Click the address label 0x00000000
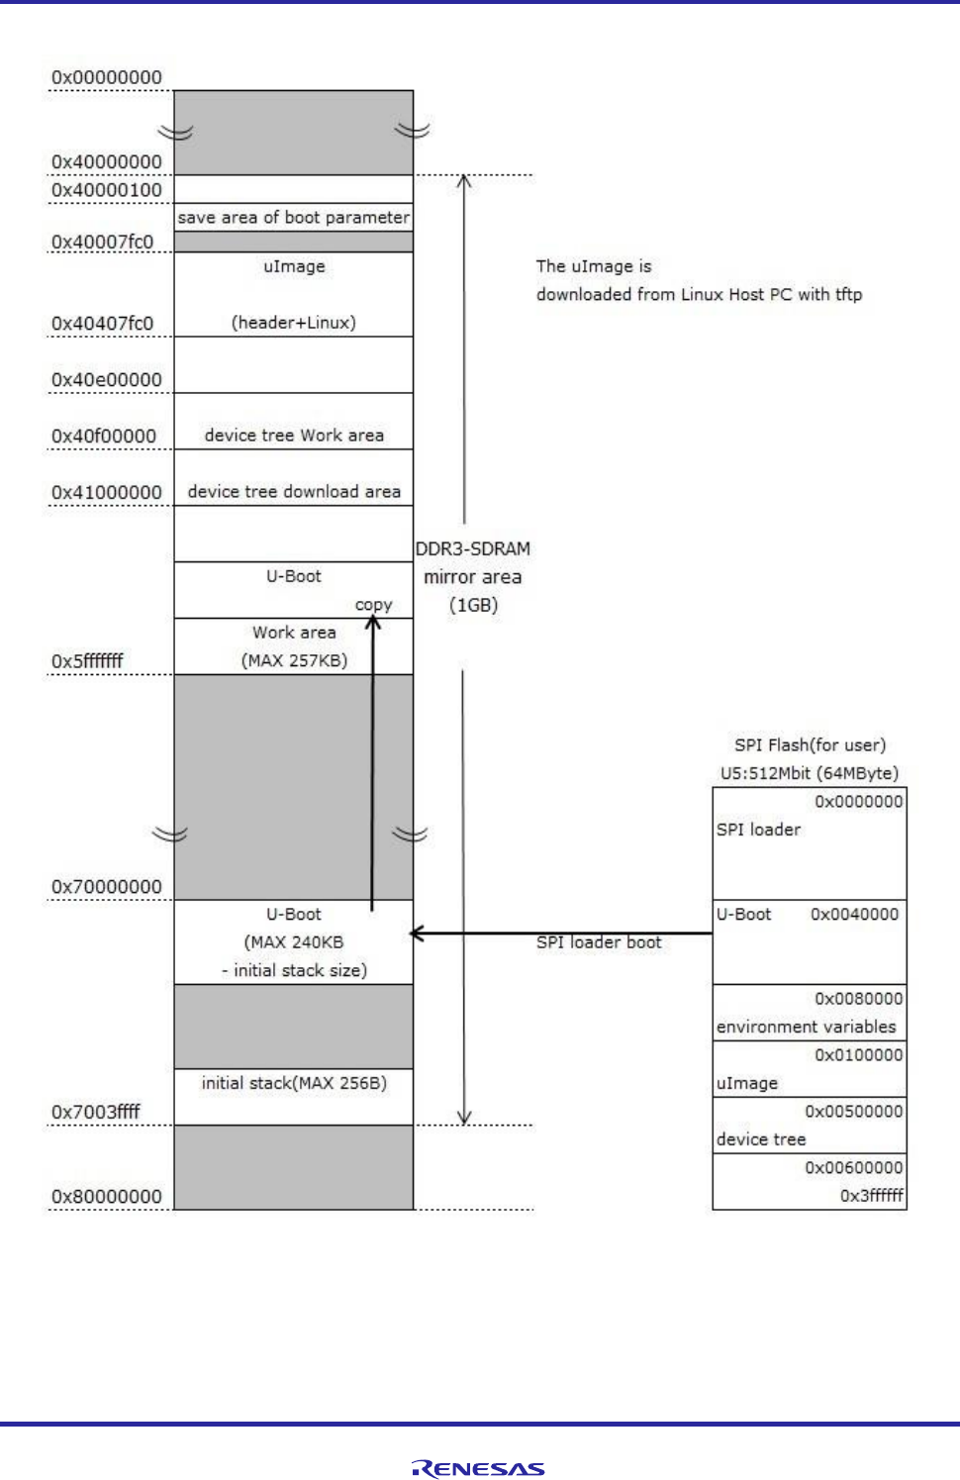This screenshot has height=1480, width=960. point(106,77)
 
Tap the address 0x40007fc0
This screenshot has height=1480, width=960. point(102,242)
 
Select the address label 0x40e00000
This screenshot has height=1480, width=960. point(106,379)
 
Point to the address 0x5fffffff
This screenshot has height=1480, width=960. point(87,660)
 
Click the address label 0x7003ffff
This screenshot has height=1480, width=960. point(96,1112)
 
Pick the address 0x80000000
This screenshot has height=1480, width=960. point(106,1196)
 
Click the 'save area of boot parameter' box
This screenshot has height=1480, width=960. point(293,218)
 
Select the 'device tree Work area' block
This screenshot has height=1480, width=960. point(294,436)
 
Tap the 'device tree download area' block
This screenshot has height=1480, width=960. point(294,492)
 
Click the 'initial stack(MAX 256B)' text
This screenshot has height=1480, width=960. point(294,1083)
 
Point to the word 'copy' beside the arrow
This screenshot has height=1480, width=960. point(373,605)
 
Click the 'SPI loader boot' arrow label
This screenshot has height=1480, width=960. point(599,942)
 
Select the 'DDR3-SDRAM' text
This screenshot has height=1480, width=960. point(472,548)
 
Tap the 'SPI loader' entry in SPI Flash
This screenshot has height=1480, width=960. point(758,830)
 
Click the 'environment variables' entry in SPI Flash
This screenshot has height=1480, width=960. point(806,1027)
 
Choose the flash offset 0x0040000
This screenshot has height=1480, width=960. point(854,915)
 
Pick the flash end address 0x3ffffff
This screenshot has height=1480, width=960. point(871,1195)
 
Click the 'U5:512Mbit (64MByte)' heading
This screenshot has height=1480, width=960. point(809,773)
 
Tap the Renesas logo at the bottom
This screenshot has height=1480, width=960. point(479,1469)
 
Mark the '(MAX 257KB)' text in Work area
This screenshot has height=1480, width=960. point(294,660)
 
